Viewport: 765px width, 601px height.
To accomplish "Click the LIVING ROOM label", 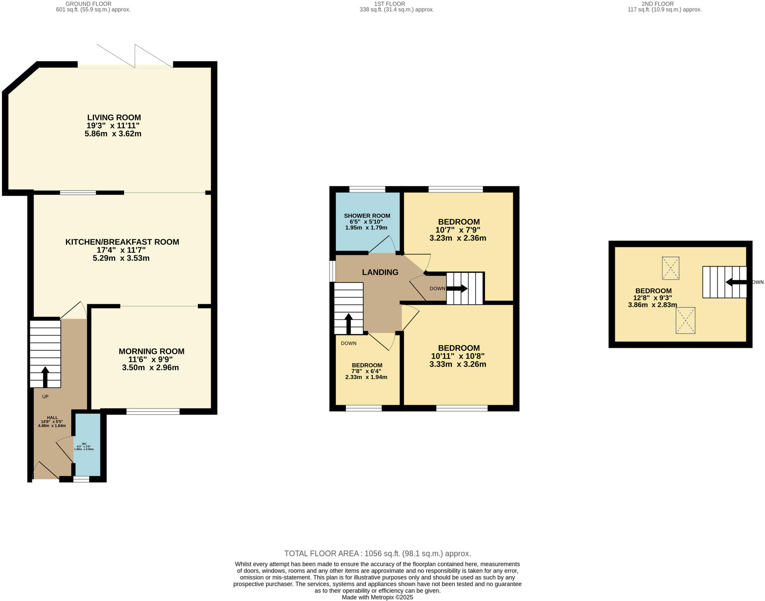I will coord(114,118).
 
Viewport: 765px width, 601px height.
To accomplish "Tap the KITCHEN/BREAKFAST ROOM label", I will coord(122,242).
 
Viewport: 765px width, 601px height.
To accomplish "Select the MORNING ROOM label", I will coord(151,351).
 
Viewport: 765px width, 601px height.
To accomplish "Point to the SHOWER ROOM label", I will coord(367,216).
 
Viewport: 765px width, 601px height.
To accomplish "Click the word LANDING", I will coord(380,272).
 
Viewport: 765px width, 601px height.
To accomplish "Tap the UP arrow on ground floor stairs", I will coord(45,377).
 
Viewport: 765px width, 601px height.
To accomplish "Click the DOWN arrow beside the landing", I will coord(457,288).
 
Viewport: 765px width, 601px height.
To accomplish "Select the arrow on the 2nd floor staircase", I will coord(735,282).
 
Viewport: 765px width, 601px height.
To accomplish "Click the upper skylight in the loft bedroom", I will coord(670,268).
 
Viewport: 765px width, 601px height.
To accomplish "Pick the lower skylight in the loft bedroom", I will coord(685,320).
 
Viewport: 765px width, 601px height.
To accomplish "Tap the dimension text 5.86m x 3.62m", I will coord(113,134).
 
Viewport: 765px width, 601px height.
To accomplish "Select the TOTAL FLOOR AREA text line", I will coord(377,554).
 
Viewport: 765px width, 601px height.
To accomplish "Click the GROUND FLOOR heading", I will coord(88,4).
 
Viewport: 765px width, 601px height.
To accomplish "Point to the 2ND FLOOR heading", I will coord(663,4).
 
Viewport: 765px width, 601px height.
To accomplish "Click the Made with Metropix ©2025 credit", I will coord(377,597).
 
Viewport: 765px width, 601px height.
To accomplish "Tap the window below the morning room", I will coord(153,411).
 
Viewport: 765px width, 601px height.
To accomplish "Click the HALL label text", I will coord(52,417).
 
